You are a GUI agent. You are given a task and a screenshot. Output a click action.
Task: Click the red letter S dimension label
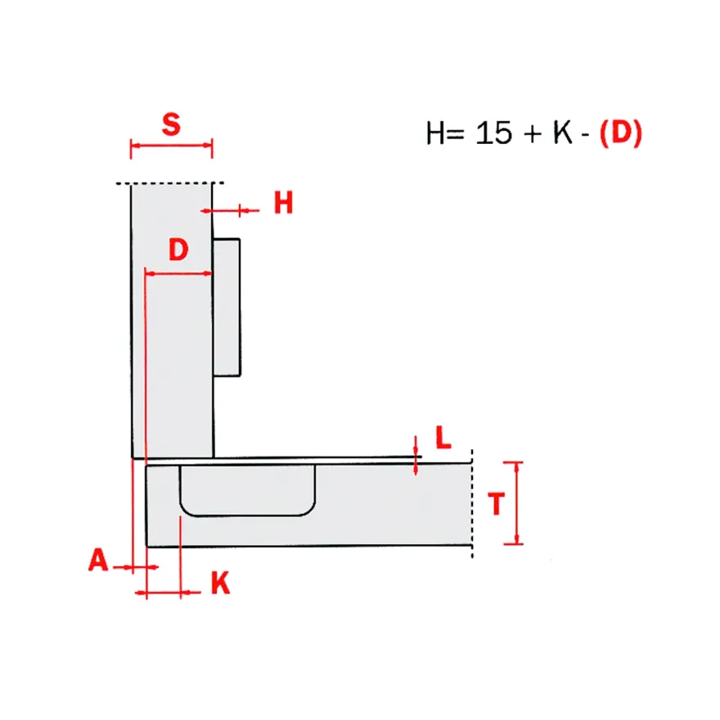click(x=171, y=124)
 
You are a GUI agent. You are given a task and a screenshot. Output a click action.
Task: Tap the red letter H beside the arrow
click(x=283, y=203)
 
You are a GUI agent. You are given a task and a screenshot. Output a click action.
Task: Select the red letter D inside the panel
click(x=178, y=250)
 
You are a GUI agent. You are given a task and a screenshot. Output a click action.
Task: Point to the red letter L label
click(x=443, y=437)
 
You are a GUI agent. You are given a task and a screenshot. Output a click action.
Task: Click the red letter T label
click(x=497, y=504)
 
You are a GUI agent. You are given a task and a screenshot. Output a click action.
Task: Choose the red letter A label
click(x=98, y=560)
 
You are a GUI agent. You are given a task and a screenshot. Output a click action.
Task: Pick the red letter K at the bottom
click(x=220, y=583)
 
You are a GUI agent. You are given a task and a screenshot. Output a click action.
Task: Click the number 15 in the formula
click(x=493, y=133)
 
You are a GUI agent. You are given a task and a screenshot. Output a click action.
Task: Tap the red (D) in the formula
click(x=621, y=133)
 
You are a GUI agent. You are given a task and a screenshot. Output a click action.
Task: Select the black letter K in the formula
click(x=563, y=133)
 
